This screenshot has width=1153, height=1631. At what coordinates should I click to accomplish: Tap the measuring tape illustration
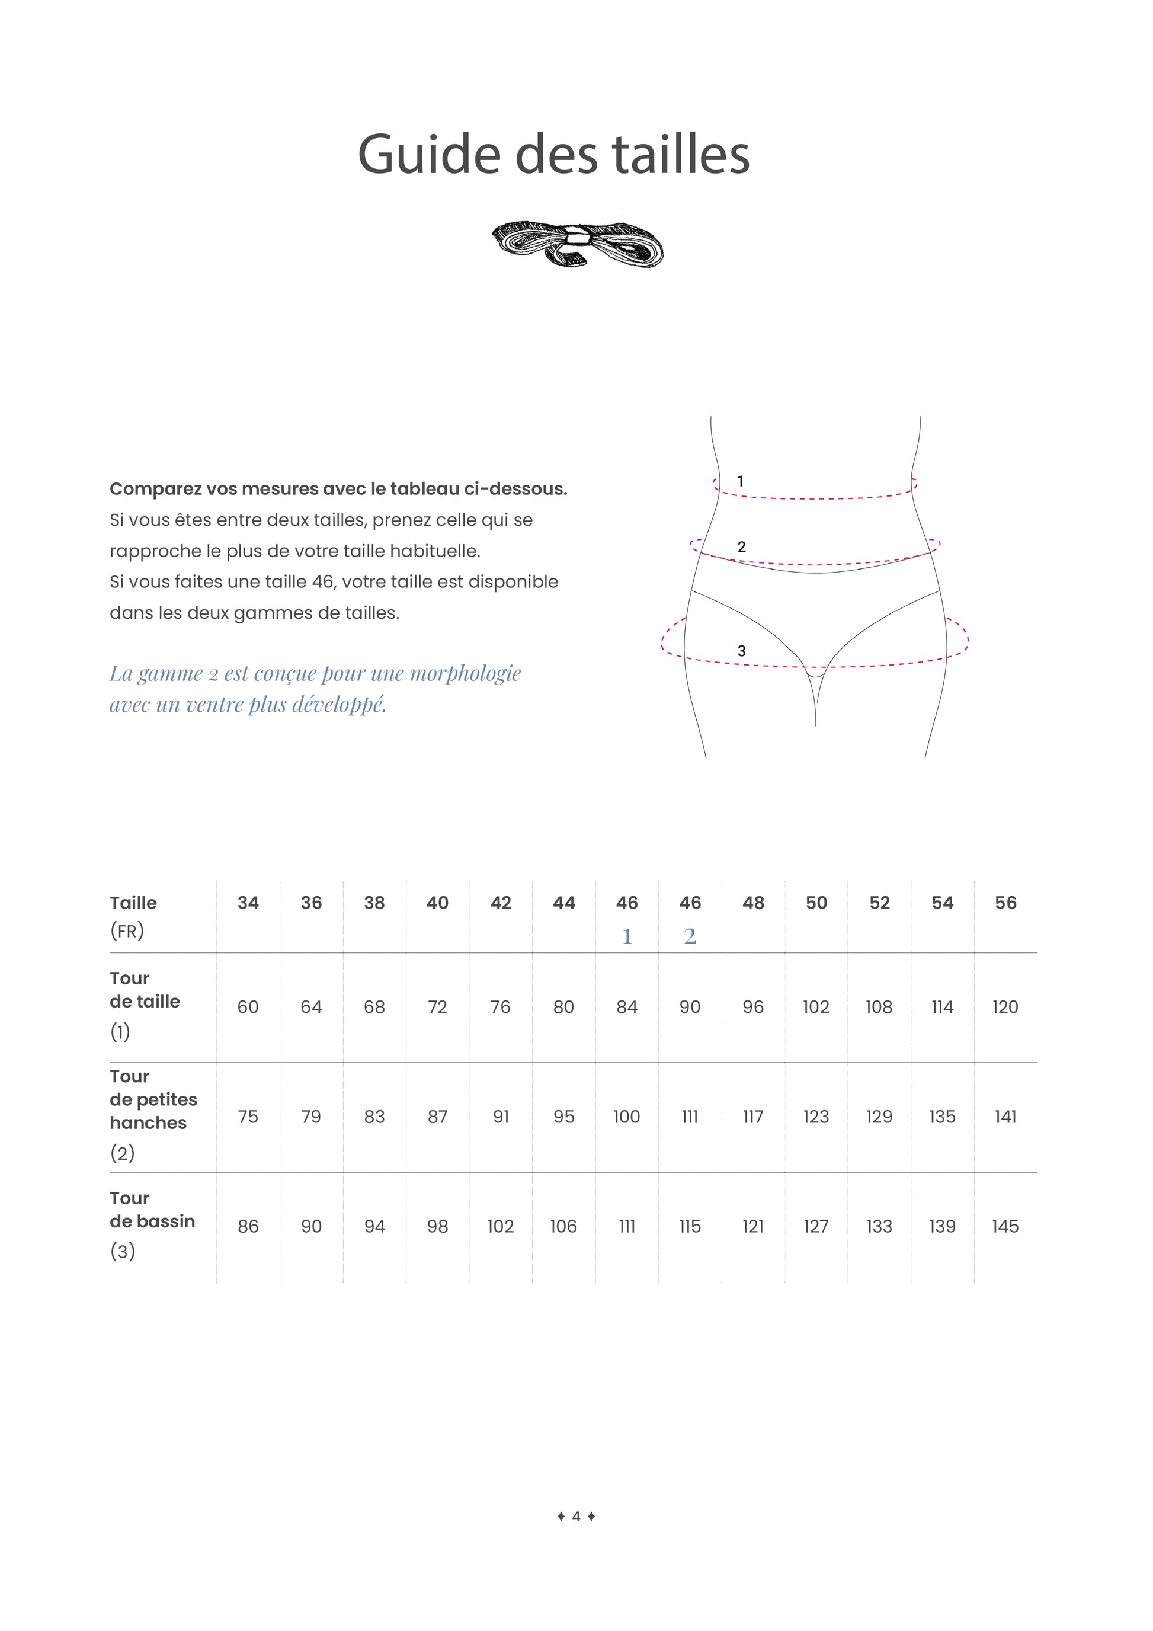577,244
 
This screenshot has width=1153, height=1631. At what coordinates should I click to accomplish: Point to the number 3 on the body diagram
741,651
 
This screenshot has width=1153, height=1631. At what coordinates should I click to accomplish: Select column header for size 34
248,903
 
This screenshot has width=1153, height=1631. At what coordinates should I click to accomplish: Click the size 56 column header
1005,903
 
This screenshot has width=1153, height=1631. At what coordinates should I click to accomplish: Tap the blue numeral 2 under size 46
690,936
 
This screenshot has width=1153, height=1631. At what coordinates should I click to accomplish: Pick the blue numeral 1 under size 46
627,936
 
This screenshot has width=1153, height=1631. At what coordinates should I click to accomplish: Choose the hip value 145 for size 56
1005,1227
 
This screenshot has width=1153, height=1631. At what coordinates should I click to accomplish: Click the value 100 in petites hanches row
626,1117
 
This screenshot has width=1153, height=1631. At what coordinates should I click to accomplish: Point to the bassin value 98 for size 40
437,1227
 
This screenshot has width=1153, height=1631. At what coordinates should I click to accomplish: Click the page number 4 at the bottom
576,1516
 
